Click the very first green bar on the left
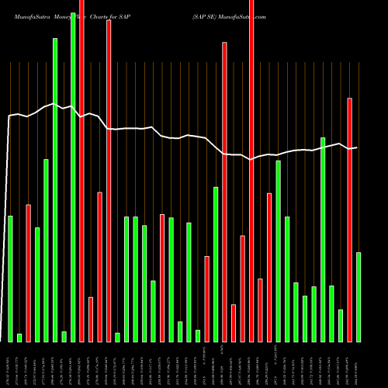tap(10, 279)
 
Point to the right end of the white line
tap(356, 147)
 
